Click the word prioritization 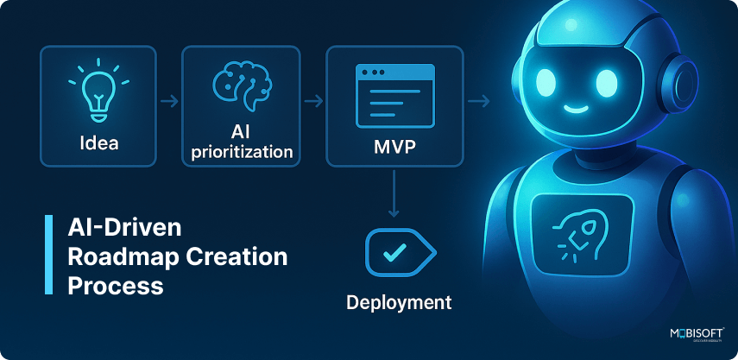click(240, 152)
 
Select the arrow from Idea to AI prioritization click(168, 103)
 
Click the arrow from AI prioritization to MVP click(312, 103)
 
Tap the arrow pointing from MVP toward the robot click(478, 103)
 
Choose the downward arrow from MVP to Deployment click(393, 193)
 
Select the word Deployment click(399, 302)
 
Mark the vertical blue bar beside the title click(48, 256)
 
